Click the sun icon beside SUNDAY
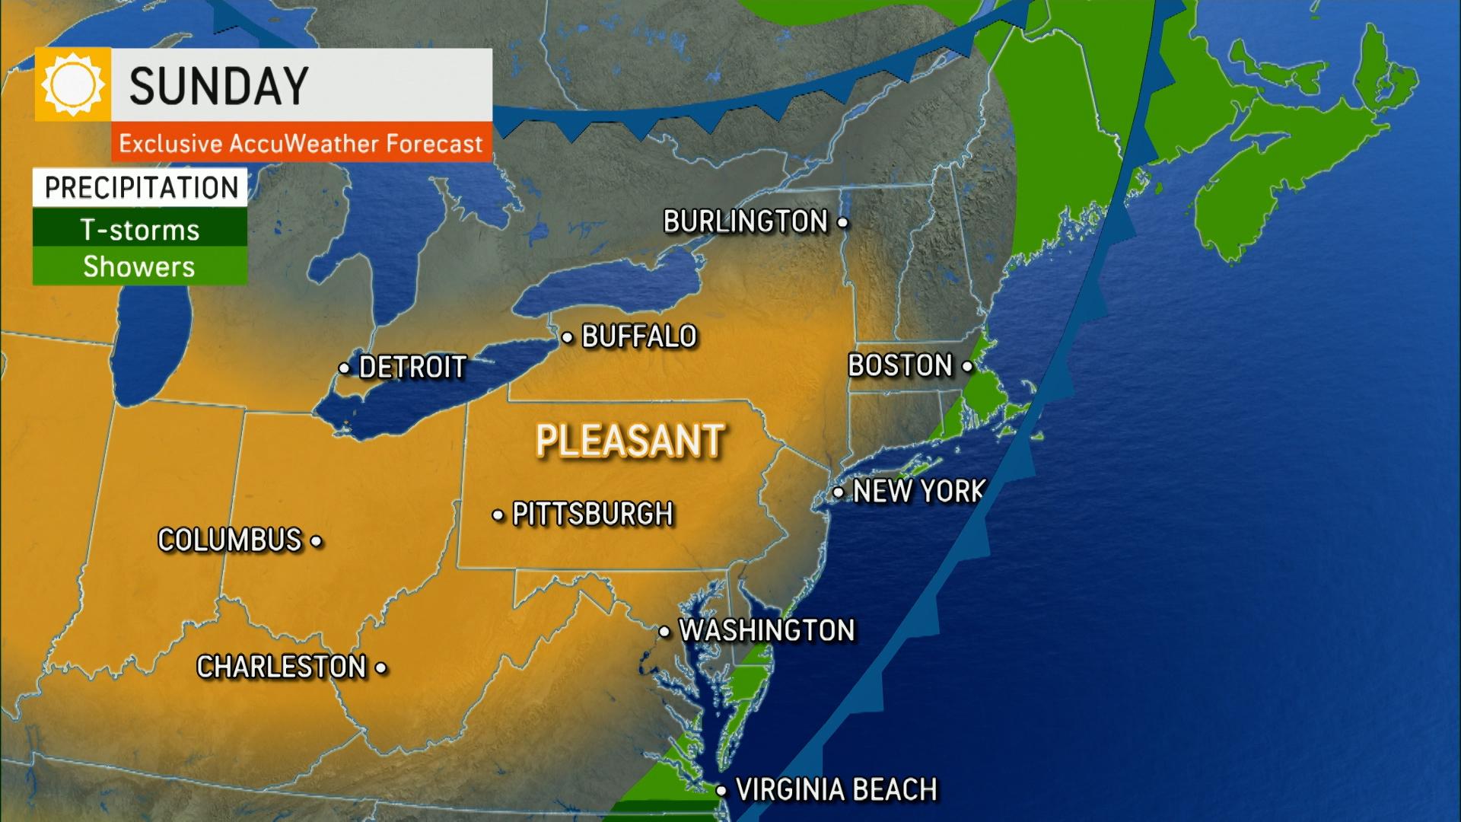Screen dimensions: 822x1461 click(x=73, y=84)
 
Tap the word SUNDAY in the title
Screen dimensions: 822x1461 click(x=219, y=86)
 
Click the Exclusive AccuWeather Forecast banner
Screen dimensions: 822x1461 click(x=301, y=143)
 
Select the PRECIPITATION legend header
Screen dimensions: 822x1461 click(x=141, y=187)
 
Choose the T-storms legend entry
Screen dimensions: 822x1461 click(x=140, y=229)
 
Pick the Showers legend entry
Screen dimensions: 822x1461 click(x=140, y=266)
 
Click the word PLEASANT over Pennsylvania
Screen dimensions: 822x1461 click(x=630, y=441)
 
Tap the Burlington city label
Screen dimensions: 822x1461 click(x=745, y=221)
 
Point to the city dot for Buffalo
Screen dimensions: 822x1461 click(x=568, y=337)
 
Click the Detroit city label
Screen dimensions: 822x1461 click(x=412, y=368)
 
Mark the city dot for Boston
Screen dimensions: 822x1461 click(x=967, y=366)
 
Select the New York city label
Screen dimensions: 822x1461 click(x=919, y=492)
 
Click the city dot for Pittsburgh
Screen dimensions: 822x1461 click(x=498, y=515)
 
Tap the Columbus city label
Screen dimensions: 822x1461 click(x=230, y=540)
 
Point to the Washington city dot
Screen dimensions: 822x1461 click(x=664, y=632)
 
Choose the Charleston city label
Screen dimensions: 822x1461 click(x=282, y=667)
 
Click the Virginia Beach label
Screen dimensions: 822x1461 click(x=836, y=790)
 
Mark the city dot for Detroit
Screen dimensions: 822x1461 click(x=345, y=368)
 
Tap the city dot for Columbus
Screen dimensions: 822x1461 click(x=317, y=541)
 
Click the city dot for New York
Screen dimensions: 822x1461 click(x=838, y=492)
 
